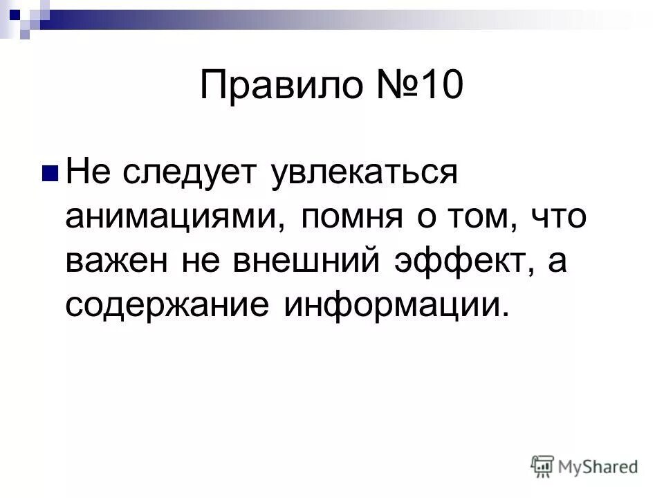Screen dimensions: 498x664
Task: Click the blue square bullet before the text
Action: [x=51, y=172]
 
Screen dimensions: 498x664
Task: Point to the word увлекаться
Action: [x=365, y=174]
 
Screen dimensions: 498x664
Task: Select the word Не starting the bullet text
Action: [x=86, y=174]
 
